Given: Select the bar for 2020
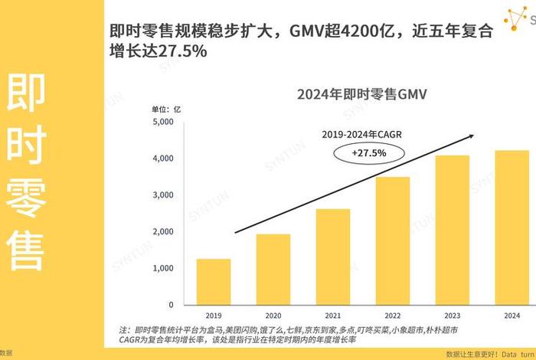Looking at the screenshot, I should (x=273, y=268).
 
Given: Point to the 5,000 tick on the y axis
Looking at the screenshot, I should (x=162, y=122).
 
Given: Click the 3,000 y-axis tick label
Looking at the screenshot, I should (x=162, y=195).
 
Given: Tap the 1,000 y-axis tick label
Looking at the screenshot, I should (x=162, y=268).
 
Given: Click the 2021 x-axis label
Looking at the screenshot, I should (x=333, y=315).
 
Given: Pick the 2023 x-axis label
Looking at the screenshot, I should (x=453, y=315).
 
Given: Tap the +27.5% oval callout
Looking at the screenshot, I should (x=369, y=153).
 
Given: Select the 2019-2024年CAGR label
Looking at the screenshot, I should (x=361, y=134).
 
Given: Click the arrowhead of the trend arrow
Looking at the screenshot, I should (x=472, y=136).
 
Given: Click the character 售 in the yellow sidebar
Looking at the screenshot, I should (x=25, y=248).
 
